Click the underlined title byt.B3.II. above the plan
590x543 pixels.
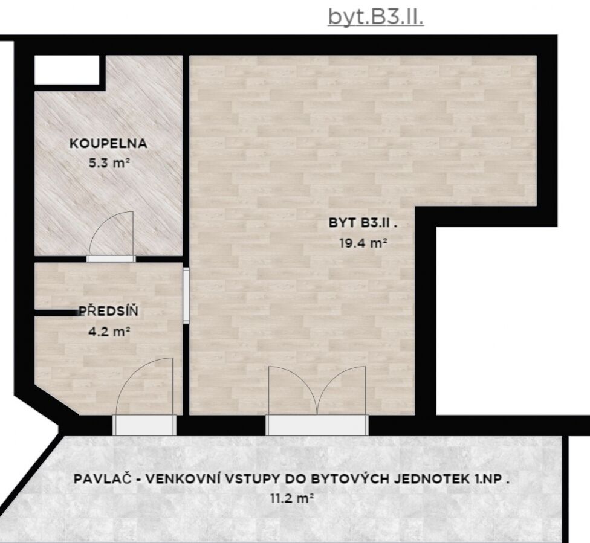tap(376, 17)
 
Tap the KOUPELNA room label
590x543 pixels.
tap(108, 144)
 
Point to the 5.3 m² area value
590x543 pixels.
tap(109, 163)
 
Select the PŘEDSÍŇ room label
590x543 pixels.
tap(108, 311)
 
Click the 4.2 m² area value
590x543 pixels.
tap(109, 332)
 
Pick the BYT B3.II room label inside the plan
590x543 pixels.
tap(363, 223)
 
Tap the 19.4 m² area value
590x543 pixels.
tap(363, 243)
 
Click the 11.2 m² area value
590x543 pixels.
tap(292, 499)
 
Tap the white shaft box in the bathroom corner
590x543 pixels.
tap(67, 70)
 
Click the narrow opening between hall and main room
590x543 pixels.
tap(186, 295)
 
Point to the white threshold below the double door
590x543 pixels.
tap(317, 425)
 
